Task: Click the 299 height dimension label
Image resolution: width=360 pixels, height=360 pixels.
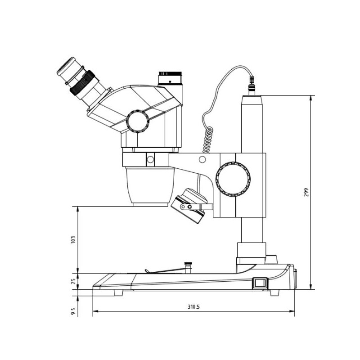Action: click(x=306, y=193)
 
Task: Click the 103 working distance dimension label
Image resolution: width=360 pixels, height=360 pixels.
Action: click(x=73, y=240)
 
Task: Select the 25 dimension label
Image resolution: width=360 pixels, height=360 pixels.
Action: click(x=73, y=281)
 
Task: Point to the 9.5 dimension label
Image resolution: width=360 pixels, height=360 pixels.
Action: click(x=73, y=311)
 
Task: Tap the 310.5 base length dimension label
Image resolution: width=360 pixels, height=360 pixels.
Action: click(x=194, y=307)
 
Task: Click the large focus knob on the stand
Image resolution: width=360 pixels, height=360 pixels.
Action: click(x=233, y=179)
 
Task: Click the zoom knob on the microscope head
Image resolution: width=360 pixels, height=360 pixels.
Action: click(x=138, y=121)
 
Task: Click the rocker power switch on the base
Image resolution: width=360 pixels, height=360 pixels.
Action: click(x=260, y=283)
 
